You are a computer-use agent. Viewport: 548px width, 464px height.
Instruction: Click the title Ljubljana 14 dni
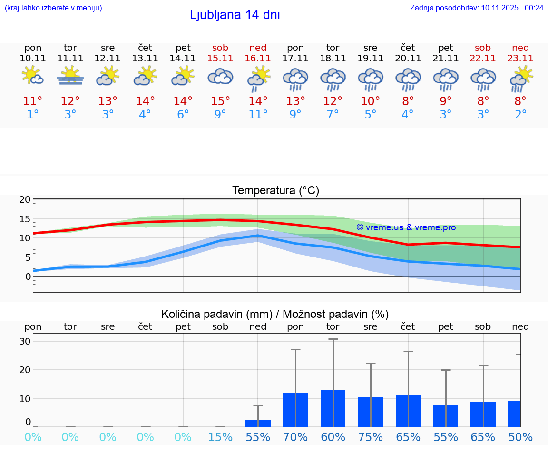pyautogui.click(x=235, y=15)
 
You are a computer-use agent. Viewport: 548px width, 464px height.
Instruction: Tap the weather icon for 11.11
pyautogui.click(x=70, y=76)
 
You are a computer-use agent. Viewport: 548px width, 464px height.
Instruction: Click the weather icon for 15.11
pyautogui.click(x=220, y=76)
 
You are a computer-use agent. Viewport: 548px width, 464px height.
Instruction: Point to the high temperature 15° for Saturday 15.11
pyautogui.click(x=220, y=101)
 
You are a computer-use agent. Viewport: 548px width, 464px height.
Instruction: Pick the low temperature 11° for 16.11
pyautogui.click(x=258, y=114)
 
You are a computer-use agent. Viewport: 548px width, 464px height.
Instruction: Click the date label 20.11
pyautogui.click(x=408, y=58)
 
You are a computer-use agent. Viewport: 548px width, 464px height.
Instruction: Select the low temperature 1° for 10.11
pyautogui.click(x=33, y=114)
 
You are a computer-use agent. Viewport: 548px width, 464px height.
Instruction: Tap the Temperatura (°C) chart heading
pyautogui.click(x=275, y=190)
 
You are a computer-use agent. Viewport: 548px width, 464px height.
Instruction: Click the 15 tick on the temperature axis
pyautogui.click(x=25, y=219)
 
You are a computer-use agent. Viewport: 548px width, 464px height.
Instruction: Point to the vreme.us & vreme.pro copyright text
pyautogui.click(x=406, y=227)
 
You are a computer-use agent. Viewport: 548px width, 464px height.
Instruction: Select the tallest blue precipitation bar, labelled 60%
pyautogui.click(x=333, y=408)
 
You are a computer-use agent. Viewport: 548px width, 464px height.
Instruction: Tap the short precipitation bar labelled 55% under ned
pyautogui.click(x=258, y=423)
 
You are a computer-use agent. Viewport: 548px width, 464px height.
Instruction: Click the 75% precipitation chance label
pyautogui.click(x=371, y=437)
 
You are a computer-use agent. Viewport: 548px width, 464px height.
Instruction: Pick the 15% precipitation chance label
pyautogui.click(x=220, y=437)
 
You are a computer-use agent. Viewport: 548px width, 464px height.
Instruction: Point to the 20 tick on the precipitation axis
pyautogui.click(x=25, y=370)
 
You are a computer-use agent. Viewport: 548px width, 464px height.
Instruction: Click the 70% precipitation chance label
pyautogui.click(x=295, y=437)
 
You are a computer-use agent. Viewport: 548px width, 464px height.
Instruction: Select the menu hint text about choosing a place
pyautogui.click(x=53, y=8)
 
